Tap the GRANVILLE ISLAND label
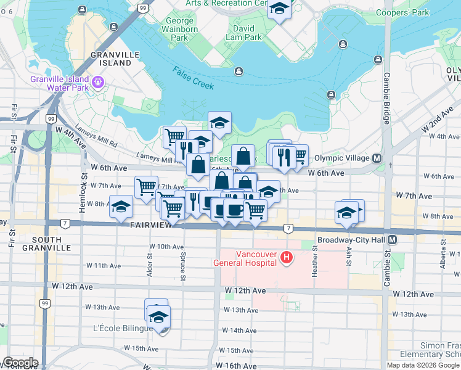tap(111, 59)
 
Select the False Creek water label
tap(193, 78)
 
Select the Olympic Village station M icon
tap(376, 158)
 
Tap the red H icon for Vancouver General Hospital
tap(285, 257)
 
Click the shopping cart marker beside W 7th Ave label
tap(146, 187)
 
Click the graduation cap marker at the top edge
tap(279, 9)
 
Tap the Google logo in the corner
tap(20, 363)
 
